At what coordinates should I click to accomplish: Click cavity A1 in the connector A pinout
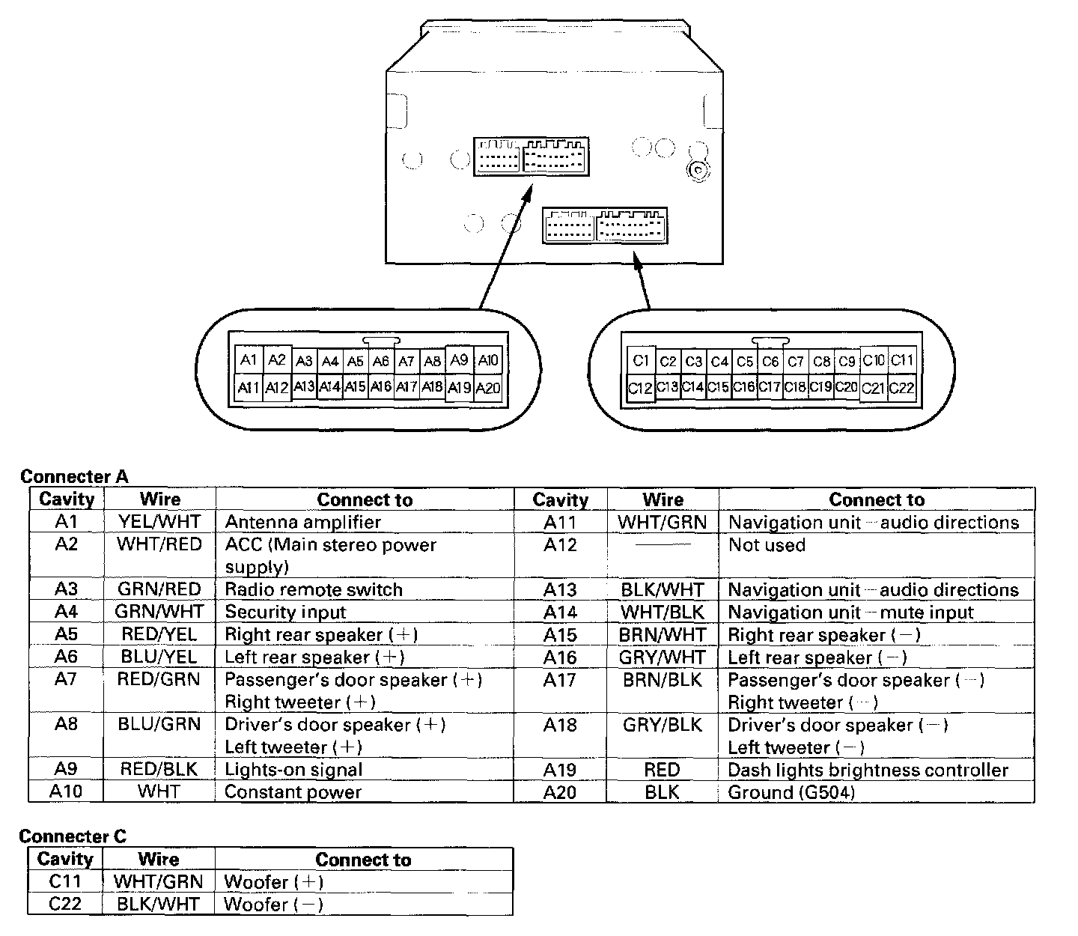(x=249, y=359)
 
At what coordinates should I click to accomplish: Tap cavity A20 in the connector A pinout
(x=488, y=388)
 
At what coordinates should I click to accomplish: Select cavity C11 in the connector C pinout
(x=902, y=360)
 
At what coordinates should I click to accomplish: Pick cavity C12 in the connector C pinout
(x=640, y=388)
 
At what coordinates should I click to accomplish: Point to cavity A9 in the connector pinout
(x=459, y=359)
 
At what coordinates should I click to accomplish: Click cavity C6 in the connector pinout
(x=770, y=362)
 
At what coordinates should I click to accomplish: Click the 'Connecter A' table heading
(x=74, y=477)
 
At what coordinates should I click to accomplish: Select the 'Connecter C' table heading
(x=73, y=836)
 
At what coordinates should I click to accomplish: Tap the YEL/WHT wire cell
(x=159, y=522)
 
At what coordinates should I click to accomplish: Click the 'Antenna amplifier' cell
(x=303, y=522)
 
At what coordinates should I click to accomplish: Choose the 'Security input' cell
(x=285, y=612)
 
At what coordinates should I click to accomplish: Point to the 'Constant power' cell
(x=293, y=791)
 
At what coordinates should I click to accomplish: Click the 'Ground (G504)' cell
(x=791, y=791)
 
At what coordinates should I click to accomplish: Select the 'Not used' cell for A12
(x=767, y=545)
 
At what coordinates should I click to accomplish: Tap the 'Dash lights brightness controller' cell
(x=868, y=770)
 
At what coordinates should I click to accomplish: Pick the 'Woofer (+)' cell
(x=273, y=882)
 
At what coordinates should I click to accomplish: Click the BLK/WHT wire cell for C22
(x=158, y=905)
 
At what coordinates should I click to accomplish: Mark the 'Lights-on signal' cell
(x=293, y=770)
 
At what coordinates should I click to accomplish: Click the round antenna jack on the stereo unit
(x=697, y=171)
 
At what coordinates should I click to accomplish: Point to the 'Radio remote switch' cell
(x=314, y=589)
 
